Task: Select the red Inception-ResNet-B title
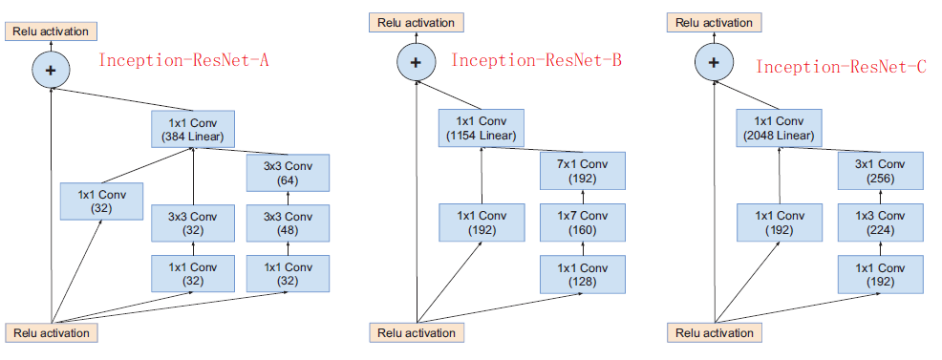coord(536,60)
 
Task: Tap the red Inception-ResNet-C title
coord(842,66)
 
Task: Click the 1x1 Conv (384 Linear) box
coord(192,129)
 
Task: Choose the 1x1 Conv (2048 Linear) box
coord(778,129)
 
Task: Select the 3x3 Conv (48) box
coord(288,223)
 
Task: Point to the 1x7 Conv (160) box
coord(584,223)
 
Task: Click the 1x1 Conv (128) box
coord(584,274)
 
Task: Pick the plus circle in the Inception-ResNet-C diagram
coord(712,63)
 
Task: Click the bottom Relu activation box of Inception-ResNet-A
coord(52,333)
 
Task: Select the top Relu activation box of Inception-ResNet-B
coord(417,22)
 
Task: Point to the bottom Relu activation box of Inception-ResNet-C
coord(714,333)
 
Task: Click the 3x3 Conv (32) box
coord(192,223)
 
